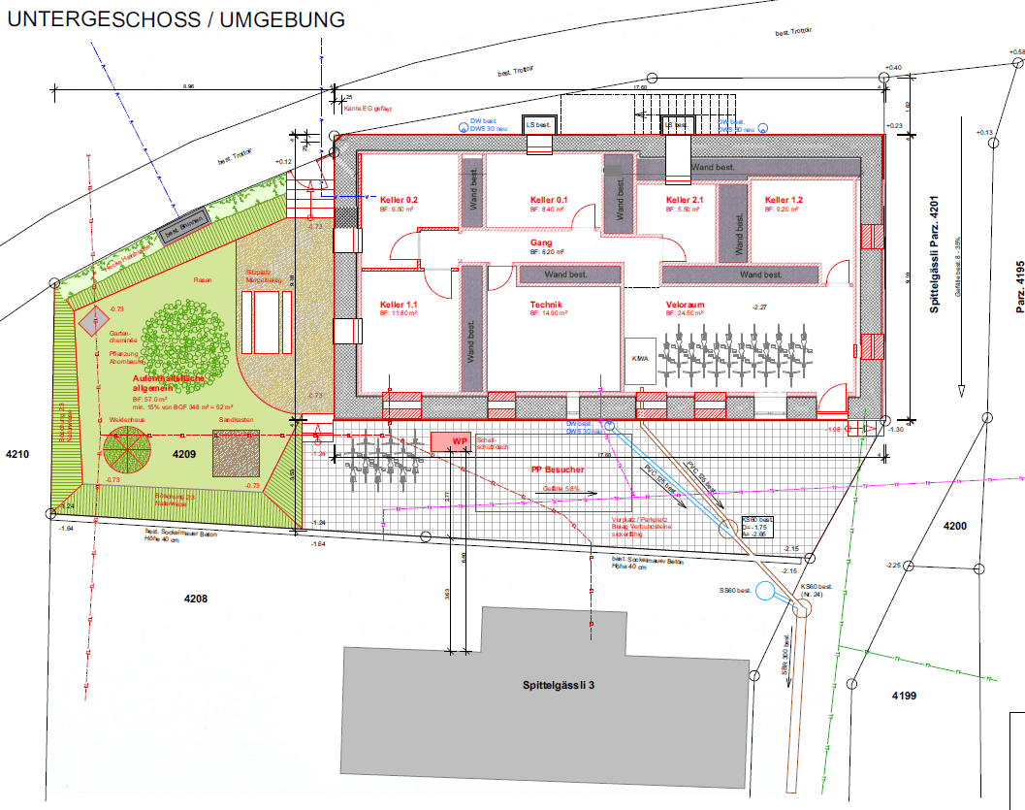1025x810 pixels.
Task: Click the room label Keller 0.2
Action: tap(399, 199)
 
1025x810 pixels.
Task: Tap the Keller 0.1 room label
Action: tap(548, 200)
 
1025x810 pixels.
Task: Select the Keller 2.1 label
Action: tap(685, 200)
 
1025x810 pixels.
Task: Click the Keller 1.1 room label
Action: tap(399, 306)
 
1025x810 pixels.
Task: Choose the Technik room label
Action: tap(546, 305)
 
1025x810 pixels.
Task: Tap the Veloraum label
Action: tap(685, 305)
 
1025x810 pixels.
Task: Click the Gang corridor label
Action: tap(541, 243)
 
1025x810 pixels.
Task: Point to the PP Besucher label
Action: tap(557, 470)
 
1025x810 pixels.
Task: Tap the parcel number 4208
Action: tap(196, 599)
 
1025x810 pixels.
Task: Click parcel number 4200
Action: tap(956, 526)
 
